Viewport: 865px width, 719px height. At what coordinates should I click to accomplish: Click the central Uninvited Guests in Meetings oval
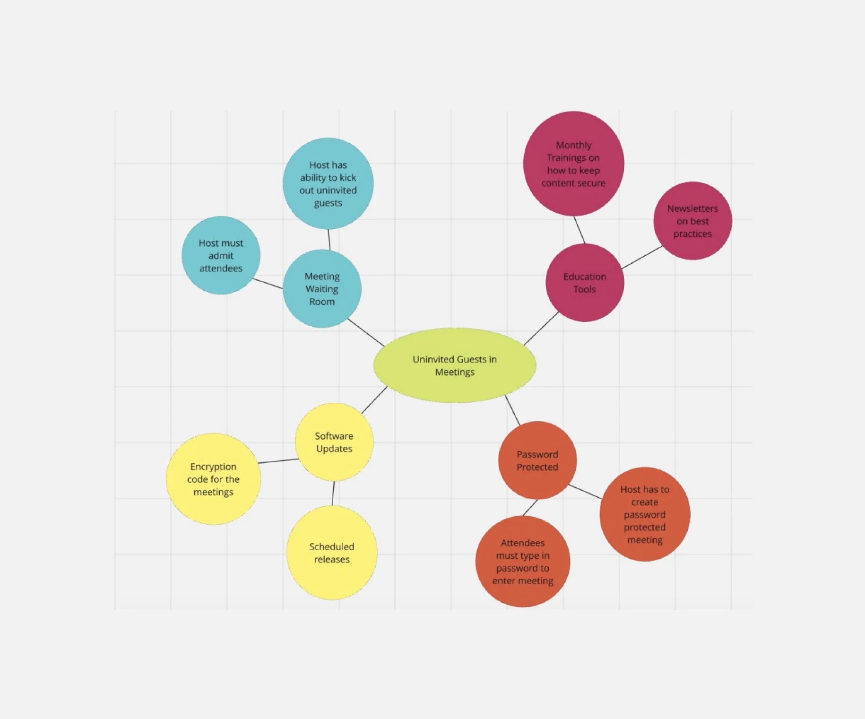pos(455,365)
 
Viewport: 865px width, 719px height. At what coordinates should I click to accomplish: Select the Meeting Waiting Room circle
pos(322,289)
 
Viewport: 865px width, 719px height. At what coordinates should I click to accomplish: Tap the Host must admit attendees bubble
pos(221,255)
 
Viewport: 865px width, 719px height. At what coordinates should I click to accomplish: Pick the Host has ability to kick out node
pos(328,183)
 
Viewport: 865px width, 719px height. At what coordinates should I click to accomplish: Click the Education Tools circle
pos(585,283)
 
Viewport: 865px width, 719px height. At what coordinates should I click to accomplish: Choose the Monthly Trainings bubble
pos(573,164)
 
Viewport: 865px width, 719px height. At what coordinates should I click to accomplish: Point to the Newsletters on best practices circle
pos(692,221)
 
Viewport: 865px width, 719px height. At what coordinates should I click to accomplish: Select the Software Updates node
pos(334,442)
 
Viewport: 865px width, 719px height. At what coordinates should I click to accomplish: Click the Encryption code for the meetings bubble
pos(213,479)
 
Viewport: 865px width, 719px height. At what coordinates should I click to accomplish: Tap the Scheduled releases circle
pos(332,553)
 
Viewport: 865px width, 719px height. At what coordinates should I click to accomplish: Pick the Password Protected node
pos(537,460)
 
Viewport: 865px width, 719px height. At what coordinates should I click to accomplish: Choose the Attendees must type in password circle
pos(523,562)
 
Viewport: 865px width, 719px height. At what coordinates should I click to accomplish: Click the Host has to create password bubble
pos(645,514)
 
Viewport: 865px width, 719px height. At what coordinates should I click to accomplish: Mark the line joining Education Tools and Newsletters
pos(642,258)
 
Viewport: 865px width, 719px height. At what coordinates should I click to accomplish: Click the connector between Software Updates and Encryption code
pos(278,461)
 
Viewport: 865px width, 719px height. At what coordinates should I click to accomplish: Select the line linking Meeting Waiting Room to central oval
pos(366,332)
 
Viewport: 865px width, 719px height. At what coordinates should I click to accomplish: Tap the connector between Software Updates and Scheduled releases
pos(333,494)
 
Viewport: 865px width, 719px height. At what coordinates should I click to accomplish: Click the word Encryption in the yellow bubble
pos(213,467)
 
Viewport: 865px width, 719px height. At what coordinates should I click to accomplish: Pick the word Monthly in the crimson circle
pos(573,145)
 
